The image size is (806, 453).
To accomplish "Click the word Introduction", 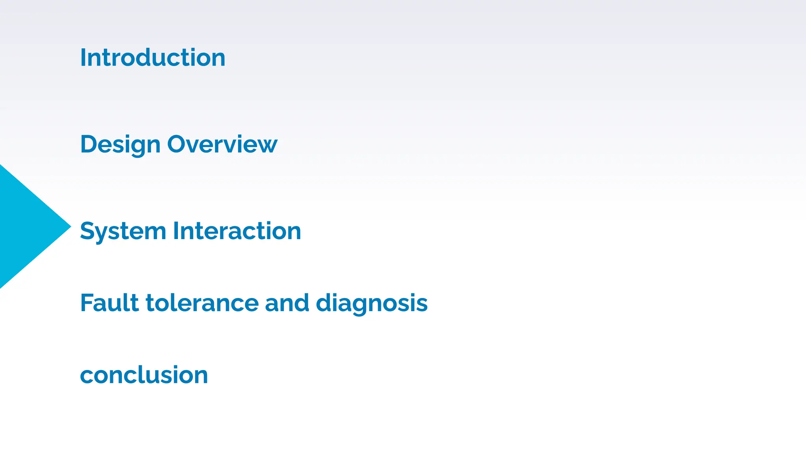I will coord(153,58).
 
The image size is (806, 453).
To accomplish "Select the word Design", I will coord(120,145).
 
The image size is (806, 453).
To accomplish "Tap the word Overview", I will coord(222,144).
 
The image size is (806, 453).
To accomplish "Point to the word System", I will coord(123,231).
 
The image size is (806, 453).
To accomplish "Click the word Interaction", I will coord(237,231).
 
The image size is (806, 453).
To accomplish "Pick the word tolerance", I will coord(202,303).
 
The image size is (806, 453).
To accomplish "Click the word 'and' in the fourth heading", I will coord(287,303).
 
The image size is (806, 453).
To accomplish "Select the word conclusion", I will coord(144,375).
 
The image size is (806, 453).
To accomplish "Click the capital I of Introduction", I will coord(83,58).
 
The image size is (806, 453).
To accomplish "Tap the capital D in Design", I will coord(88,144).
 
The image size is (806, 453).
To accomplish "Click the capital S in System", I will coord(87,231).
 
